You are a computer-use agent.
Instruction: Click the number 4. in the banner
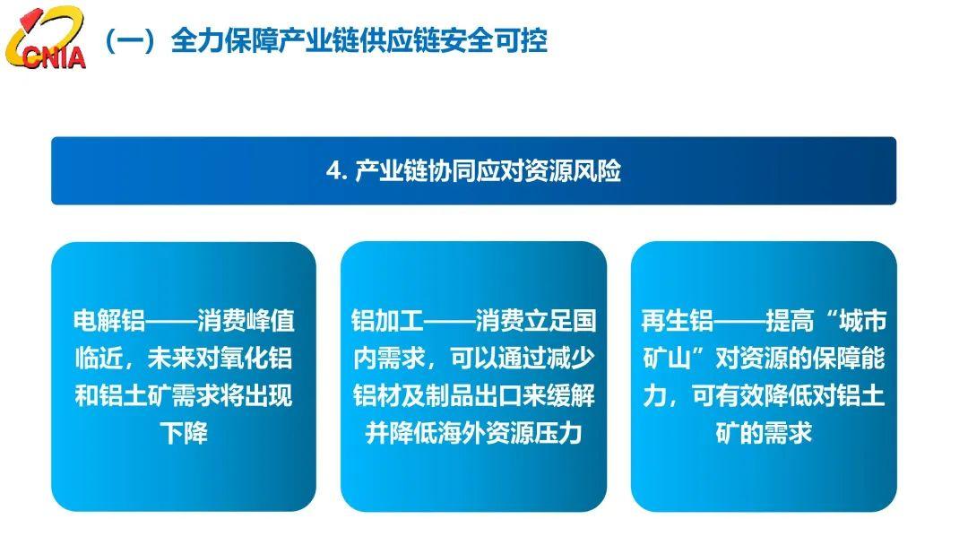pyautogui.click(x=337, y=171)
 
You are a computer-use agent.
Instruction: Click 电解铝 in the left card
pyautogui.click(x=108, y=321)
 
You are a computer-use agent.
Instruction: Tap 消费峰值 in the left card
pyautogui.click(x=246, y=321)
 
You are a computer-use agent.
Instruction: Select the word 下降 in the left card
pyautogui.click(x=184, y=433)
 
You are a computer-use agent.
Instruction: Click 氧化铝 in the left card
pyautogui.click(x=255, y=358)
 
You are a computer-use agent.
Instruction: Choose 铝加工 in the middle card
pyautogui.click(x=388, y=321)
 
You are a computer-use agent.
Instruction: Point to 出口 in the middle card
pyautogui.click(x=498, y=395)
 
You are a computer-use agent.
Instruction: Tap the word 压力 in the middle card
pyautogui.click(x=558, y=433)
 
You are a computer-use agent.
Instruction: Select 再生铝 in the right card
pyautogui.click(x=678, y=321)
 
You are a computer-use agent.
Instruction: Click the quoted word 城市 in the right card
pyautogui.click(x=862, y=321)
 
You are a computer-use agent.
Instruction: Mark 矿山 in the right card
pyautogui.click(x=667, y=358)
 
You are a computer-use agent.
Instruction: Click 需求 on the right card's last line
pyautogui.click(x=789, y=433)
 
